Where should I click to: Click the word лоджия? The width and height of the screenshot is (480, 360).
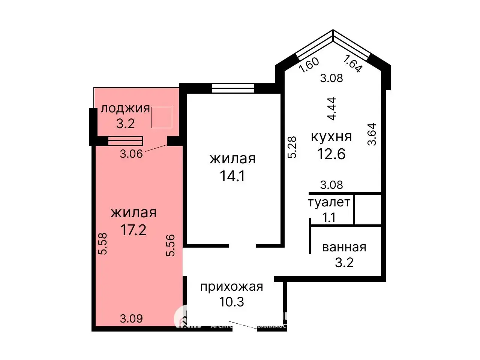[125, 109]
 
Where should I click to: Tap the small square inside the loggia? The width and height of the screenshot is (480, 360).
[162, 117]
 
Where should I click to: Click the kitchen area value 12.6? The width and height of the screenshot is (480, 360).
[331, 154]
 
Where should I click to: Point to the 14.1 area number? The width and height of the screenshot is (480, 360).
[232, 176]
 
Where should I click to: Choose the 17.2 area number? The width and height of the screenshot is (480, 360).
[133, 230]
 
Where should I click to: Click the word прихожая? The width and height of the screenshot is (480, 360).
[231, 287]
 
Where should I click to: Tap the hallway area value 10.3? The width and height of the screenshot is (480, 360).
[232, 302]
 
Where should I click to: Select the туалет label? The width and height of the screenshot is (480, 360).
[329, 202]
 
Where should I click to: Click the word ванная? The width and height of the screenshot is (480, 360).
[344, 247]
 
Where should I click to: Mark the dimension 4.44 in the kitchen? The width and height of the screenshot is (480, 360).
[331, 109]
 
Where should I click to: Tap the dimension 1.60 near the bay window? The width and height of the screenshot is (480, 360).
[310, 64]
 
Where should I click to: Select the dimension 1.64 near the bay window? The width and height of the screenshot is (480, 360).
[352, 64]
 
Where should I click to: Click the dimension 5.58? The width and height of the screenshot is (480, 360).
[102, 243]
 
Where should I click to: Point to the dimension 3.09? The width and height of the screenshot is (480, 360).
[131, 319]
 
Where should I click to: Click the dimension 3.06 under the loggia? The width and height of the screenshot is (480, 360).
[131, 154]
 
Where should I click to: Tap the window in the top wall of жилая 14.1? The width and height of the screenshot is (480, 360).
[233, 88]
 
